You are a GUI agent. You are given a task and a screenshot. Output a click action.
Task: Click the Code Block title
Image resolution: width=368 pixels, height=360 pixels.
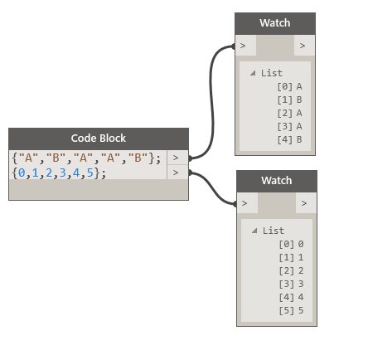[99, 139]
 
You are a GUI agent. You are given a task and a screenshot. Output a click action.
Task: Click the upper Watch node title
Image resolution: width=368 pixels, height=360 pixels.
[275, 23]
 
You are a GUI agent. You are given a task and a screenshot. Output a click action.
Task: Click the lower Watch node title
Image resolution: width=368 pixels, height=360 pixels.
[277, 181]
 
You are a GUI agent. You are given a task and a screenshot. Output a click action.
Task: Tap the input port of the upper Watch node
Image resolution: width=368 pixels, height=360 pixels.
[245, 46]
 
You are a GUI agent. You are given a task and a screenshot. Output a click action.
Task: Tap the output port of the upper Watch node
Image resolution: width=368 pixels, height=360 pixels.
[304, 46]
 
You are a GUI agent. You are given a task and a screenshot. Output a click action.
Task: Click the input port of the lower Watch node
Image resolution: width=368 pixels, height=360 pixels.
[247, 203]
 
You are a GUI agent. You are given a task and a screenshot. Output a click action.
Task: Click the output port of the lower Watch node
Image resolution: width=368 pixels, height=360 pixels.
[306, 203]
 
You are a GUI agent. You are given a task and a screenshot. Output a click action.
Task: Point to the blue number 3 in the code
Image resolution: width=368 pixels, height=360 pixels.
[63, 173]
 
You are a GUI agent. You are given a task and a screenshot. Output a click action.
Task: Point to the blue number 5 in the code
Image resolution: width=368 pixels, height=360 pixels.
[90, 173]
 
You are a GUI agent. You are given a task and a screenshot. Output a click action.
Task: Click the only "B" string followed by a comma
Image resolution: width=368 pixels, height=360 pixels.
[56, 158]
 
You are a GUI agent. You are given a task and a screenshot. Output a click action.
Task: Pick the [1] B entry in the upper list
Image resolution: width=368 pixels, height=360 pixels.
[289, 100]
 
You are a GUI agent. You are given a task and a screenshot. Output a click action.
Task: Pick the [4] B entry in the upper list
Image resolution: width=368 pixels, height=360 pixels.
[289, 139]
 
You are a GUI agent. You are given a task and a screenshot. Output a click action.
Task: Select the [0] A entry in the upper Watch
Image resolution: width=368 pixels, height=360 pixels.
[289, 86]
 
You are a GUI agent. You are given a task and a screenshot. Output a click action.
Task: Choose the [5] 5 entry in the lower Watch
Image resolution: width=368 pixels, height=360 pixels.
[291, 310]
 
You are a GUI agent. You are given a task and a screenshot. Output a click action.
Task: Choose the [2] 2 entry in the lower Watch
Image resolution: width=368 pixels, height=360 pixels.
[291, 270]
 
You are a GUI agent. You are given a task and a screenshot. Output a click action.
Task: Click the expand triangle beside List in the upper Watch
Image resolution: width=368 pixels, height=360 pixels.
[253, 73]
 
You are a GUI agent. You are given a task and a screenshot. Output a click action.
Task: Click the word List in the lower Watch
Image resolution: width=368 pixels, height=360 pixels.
[274, 231]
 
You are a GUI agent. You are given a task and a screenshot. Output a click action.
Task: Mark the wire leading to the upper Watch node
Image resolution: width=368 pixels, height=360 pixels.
[211, 102]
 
